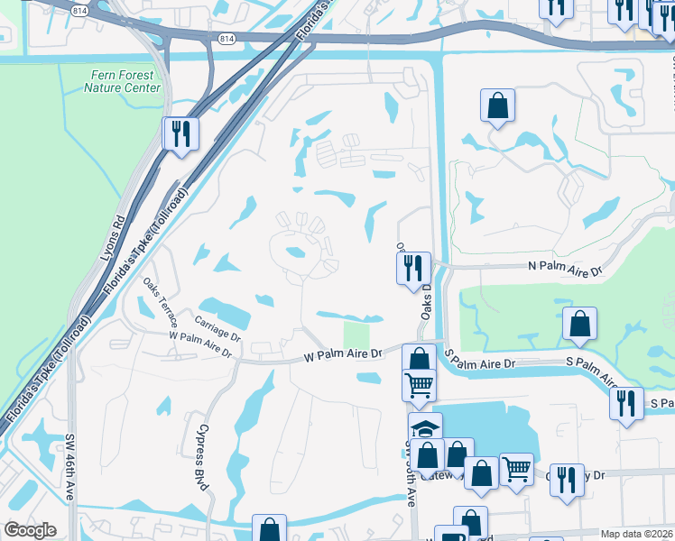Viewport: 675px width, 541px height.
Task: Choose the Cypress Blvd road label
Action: [203, 457]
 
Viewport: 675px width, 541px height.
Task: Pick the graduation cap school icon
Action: [425, 428]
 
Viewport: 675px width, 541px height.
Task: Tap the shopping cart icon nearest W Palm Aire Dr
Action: [419, 384]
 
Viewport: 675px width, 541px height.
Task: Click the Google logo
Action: [30, 530]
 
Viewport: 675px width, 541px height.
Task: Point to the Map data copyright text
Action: [636, 534]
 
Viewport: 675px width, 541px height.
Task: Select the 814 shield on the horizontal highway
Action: [227, 40]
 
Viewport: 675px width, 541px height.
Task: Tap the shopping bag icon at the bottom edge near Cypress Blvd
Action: [269, 528]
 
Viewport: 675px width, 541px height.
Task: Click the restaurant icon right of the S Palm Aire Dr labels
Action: [626, 402]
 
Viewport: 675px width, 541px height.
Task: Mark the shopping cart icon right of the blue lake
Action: [516, 468]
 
